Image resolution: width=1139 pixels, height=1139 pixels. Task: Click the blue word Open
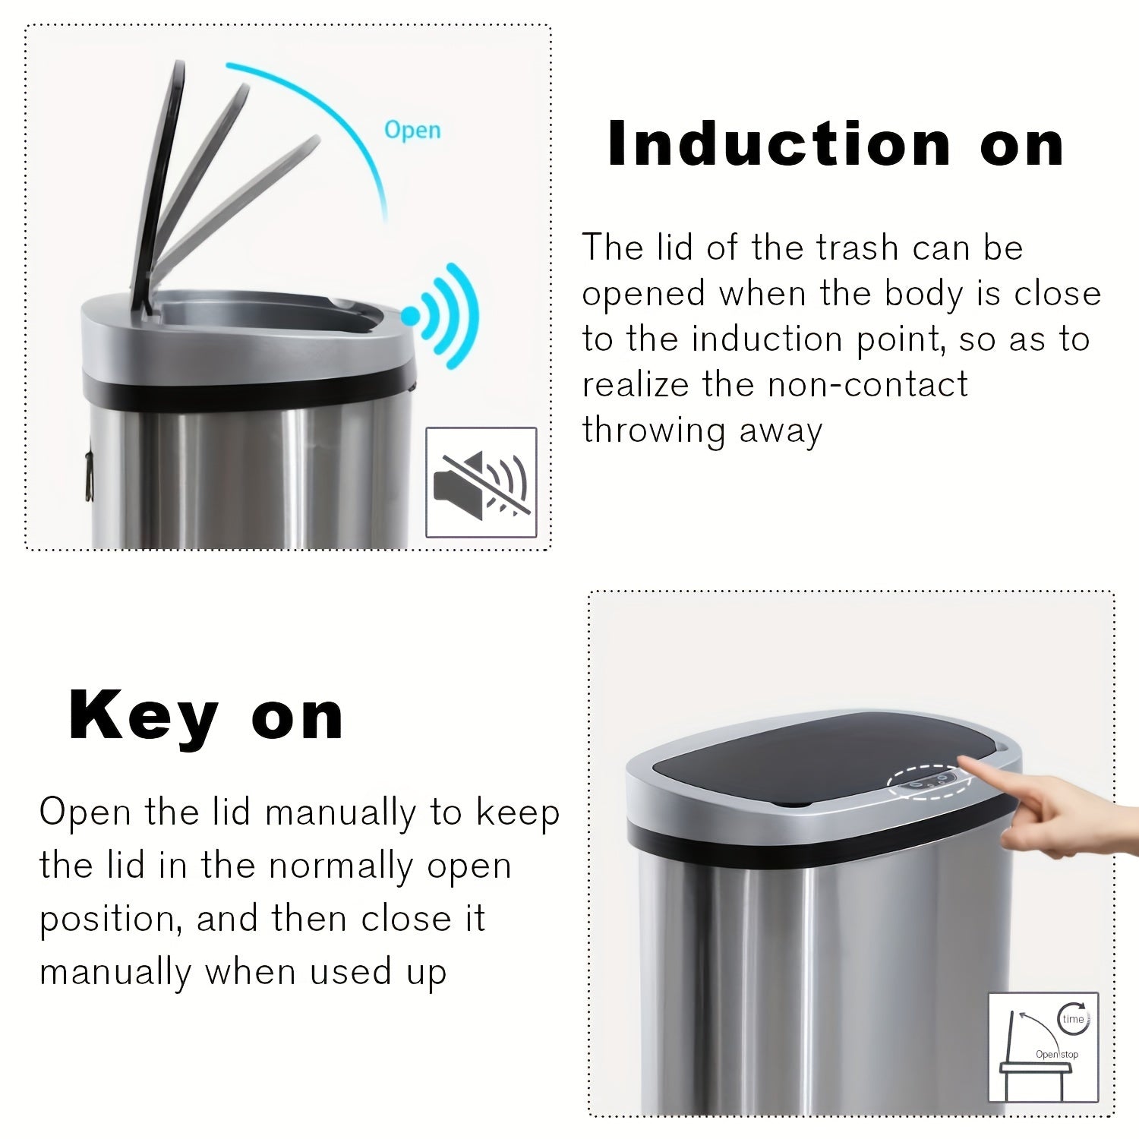pyautogui.click(x=412, y=130)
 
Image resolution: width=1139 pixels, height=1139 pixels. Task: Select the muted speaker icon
pyautogui.click(x=481, y=483)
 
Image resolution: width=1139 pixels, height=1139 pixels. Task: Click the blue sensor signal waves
pyautogui.click(x=448, y=315)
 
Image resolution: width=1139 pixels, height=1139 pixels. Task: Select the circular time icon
pyautogui.click(x=1073, y=1018)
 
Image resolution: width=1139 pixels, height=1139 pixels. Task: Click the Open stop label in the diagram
pyautogui.click(x=1056, y=1054)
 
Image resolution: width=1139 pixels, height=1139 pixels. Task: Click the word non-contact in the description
pyautogui.click(x=867, y=384)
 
